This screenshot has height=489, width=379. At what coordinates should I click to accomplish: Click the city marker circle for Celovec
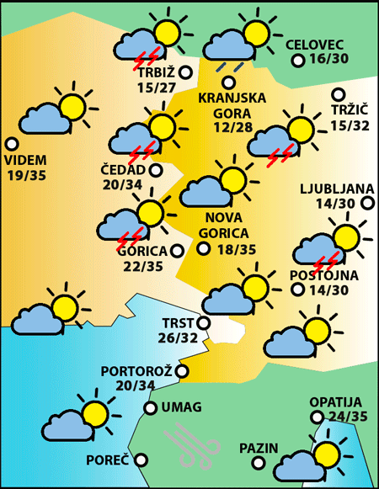pos(297,61)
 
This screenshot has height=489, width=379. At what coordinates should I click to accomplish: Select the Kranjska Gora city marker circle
pos(228,82)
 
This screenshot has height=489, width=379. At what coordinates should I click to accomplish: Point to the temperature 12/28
pos(232,126)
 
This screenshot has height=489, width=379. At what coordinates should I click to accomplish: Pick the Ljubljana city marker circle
pos(367,203)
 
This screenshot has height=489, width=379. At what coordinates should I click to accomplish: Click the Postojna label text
pos(324,274)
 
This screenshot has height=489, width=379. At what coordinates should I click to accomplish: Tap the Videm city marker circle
pos(12,143)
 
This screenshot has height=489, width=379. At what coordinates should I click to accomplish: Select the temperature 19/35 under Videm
pos(26,175)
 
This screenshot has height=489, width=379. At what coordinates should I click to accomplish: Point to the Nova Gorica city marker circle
pos(203,248)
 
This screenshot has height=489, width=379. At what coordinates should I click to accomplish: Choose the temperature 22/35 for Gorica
pos(141,266)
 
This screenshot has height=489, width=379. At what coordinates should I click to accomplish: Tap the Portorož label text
pos(136,370)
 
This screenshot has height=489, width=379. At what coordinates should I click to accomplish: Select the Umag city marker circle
pos(151,408)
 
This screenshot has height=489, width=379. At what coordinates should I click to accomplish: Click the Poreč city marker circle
pos(141,460)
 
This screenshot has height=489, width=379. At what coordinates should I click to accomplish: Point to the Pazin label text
pos(258,448)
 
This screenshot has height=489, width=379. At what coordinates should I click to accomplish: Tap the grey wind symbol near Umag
pos(190,444)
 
